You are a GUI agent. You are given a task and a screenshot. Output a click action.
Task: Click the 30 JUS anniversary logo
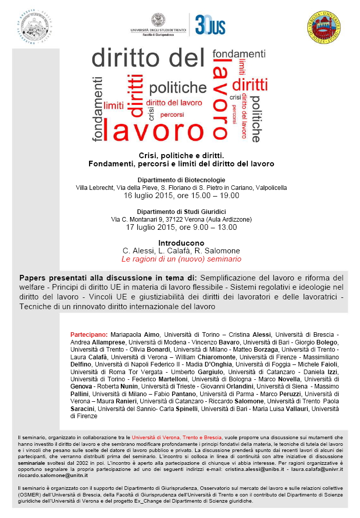point(210,24)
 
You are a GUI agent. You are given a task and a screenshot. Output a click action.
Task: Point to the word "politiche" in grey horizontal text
point(178,88)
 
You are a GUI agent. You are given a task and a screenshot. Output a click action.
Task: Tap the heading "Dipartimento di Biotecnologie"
point(181,180)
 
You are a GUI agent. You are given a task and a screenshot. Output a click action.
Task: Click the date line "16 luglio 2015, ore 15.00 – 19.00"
point(181,196)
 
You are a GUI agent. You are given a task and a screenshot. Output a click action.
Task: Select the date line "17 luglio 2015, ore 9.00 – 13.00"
point(181,227)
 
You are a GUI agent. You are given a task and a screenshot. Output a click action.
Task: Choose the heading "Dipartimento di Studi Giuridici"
point(181,211)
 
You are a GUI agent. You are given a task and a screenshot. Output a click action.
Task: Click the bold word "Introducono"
point(181,243)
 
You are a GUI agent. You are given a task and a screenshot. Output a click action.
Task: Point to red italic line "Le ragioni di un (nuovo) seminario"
point(181,260)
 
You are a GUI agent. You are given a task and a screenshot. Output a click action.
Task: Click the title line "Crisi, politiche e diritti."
point(181,155)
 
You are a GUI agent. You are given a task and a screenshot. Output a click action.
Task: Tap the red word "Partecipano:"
point(89,334)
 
